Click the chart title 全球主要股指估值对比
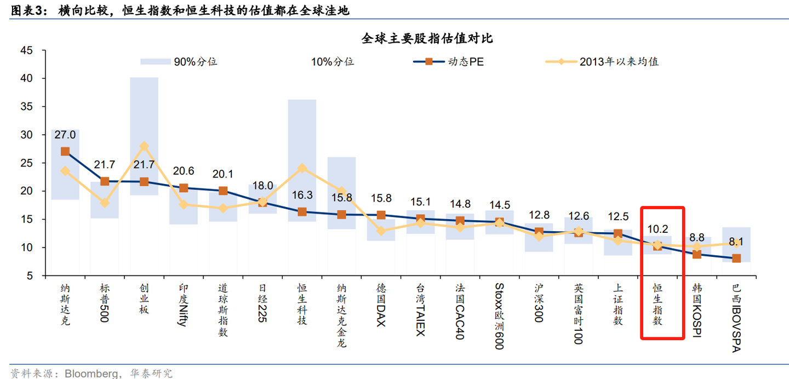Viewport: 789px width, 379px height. point(427,38)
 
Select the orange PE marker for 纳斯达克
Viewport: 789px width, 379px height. point(65,152)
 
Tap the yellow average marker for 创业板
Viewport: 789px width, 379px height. point(144,146)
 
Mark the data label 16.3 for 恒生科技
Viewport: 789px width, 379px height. point(302,194)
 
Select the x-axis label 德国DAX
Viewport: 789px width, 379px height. point(381,305)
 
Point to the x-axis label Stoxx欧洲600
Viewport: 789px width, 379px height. point(499,315)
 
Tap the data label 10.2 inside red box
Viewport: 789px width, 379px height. point(657,229)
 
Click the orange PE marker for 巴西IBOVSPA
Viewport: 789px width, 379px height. point(736,258)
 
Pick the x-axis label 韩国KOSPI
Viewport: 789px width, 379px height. point(696,309)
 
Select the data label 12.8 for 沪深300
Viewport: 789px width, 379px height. point(539,215)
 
